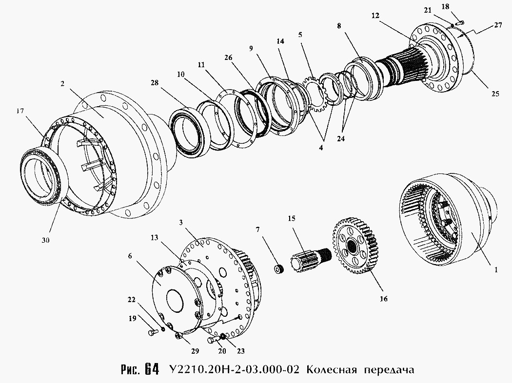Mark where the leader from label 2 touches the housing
point(104,117)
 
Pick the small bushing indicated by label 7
point(278,269)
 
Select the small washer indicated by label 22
point(162,328)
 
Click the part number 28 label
point(155,83)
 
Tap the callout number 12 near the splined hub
point(375,15)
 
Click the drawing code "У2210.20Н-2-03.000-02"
point(235,370)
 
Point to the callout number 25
point(495,94)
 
